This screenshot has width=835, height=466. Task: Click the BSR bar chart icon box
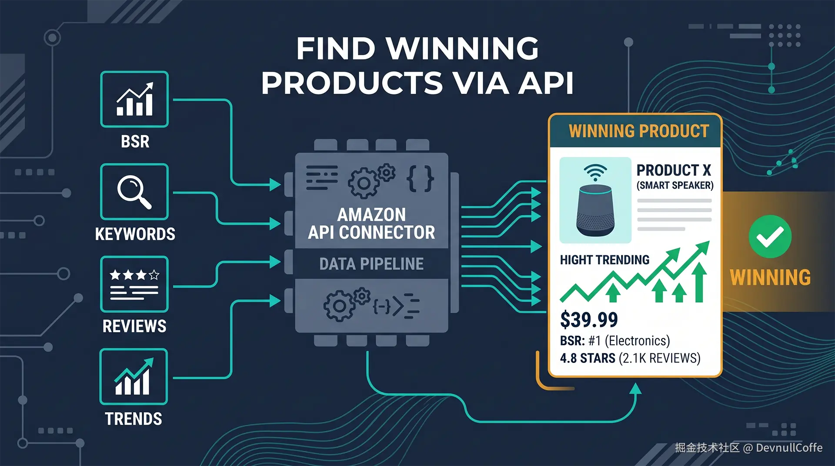coord(134,99)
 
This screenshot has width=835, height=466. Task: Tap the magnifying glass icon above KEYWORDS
coord(134,192)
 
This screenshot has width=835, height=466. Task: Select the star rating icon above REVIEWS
coord(134,284)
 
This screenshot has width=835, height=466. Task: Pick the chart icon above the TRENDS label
coord(134,376)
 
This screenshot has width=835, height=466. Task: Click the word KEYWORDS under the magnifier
coord(135,234)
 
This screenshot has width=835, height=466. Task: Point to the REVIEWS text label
coord(134,326)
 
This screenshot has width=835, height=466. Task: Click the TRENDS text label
coord(134,419)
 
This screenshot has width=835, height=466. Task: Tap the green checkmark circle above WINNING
coord(770,236)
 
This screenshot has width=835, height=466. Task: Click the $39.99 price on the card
coord(589,320)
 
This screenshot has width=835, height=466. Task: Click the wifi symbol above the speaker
coord(595,172)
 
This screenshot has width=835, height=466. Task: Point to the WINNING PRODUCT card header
coord(638,131)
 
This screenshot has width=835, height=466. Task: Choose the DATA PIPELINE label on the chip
coord(371,264)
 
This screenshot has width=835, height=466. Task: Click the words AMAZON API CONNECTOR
coord(371,223)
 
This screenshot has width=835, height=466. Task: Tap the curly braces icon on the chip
coord(420,178)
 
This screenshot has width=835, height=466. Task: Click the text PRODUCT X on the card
coord(673,170)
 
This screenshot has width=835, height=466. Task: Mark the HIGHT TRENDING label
coord(605,260)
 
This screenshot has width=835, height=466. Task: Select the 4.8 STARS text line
coord(630,358)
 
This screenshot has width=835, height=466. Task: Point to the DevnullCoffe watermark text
coord(789,448)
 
